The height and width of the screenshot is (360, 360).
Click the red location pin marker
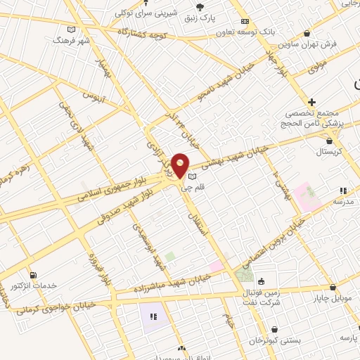(180, 166)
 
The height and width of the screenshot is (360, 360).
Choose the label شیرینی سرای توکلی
(124, 12)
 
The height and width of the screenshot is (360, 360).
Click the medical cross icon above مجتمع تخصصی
(311, 102)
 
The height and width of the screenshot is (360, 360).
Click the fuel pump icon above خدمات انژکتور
(33, 274)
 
